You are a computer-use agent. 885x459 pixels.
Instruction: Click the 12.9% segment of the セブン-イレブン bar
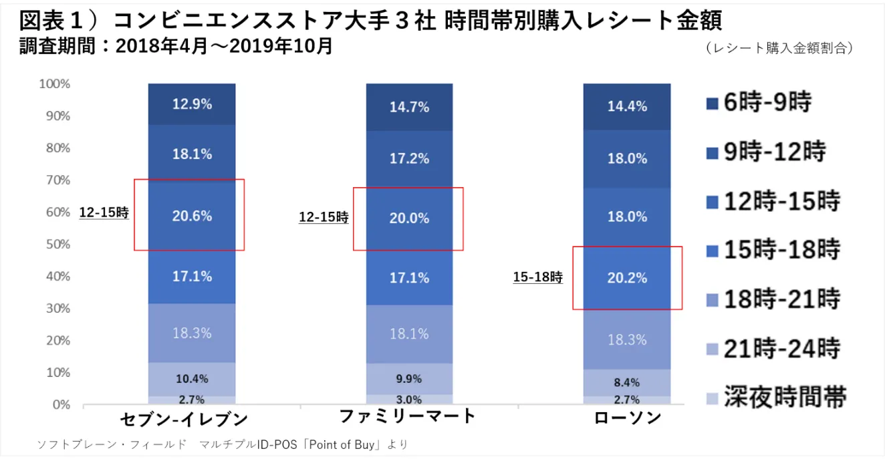(192, 104)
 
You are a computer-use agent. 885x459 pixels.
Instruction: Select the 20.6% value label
(192, 216)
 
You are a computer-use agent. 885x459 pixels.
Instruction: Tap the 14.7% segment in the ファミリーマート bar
(409, 106)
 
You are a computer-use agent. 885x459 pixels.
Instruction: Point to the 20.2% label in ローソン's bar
(626, 278)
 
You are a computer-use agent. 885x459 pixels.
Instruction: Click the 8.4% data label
(626, 383)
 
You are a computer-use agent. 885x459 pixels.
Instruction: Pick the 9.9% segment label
(409, 379)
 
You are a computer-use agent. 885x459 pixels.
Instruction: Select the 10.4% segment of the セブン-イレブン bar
(192, 379)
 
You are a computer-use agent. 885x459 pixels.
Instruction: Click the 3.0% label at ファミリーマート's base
(409, 400)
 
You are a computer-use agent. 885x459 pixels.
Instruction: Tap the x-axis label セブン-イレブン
(184, 420)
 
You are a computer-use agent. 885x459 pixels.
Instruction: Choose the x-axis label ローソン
(627, 418)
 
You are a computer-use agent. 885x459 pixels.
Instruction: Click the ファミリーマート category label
(407, 416)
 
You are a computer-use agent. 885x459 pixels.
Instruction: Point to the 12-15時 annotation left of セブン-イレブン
(104, 213)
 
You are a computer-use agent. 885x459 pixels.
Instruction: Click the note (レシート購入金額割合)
(779, 48)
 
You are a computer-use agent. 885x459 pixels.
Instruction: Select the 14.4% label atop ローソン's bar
(626, 106)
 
